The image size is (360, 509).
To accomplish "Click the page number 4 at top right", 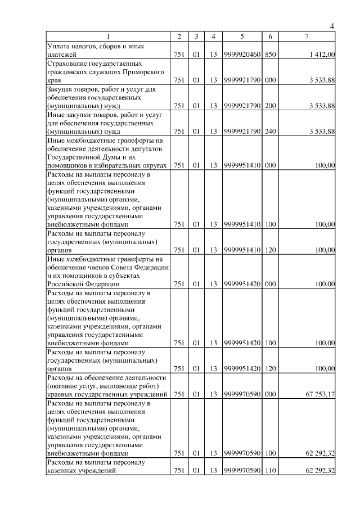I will tap(332, 26).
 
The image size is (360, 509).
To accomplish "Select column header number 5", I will tap(241, 37).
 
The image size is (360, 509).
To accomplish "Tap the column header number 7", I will tap(306, 37).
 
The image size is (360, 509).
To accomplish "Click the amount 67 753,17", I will tap(320, 394).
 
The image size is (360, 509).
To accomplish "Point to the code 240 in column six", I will tap(270, 132).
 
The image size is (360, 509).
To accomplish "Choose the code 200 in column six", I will tap(270, 105).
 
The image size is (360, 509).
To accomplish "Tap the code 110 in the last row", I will tap(270, 471).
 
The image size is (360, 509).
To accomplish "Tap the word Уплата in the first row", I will tap(60, 46).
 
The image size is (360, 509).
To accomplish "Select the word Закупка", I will tap(61, 89).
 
